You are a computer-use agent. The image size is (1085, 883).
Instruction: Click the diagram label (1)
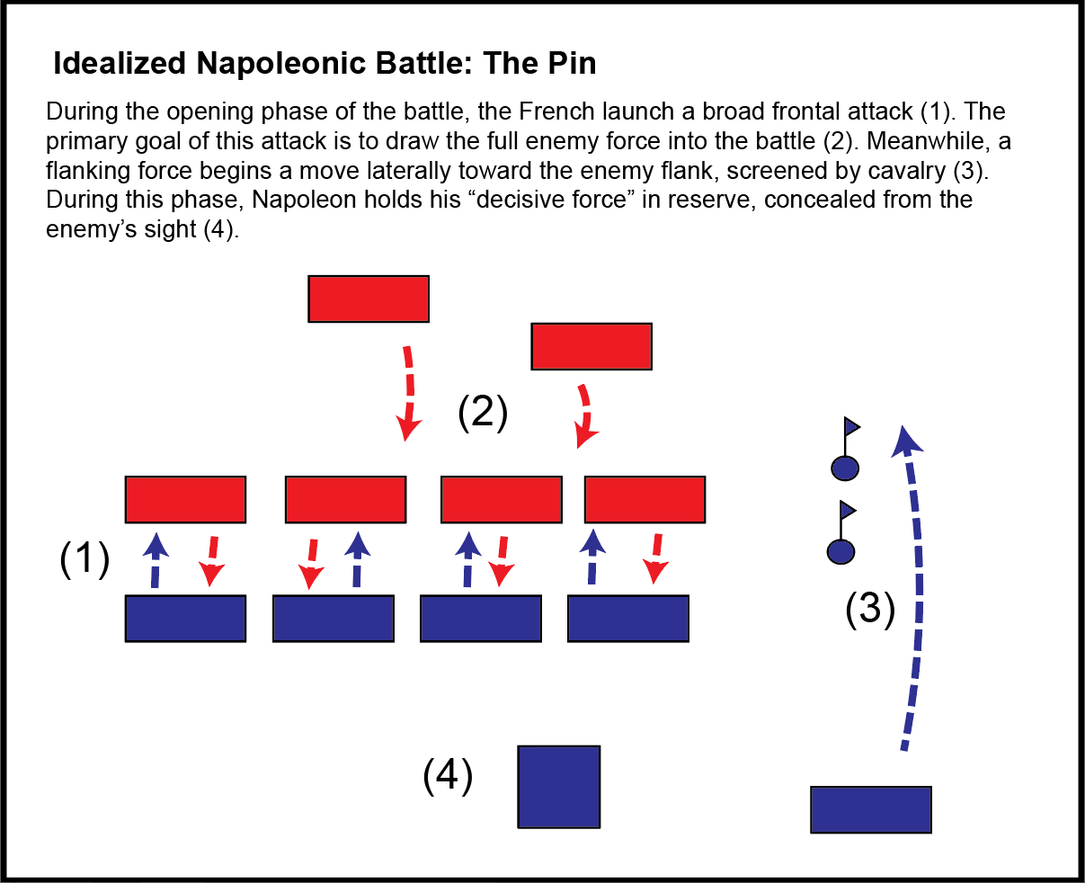pos(84,559)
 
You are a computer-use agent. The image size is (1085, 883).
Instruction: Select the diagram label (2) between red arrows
pos(483,412)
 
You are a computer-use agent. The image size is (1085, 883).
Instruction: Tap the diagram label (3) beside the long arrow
pos(870,609)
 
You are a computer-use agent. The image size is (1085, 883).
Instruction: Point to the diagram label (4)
pos(448,775)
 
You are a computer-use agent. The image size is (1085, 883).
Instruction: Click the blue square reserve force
pos(558,787)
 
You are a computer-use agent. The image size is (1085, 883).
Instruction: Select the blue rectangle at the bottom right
pos(870,809)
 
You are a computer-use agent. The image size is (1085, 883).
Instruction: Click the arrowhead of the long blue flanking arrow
pos(906,441)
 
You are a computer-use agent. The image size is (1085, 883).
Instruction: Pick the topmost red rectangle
pos(369,299)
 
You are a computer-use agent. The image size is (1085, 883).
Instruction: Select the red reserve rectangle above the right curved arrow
pos(591,347)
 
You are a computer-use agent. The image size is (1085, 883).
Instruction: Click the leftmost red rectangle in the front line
pos(185,500)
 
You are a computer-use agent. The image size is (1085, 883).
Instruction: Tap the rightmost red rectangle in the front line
pos(645,500)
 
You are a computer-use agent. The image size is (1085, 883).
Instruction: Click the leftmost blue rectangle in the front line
pos(185,619)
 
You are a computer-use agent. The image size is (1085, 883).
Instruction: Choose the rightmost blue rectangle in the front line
pos(628,619)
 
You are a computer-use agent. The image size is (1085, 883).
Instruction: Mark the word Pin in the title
pos(571,64)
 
